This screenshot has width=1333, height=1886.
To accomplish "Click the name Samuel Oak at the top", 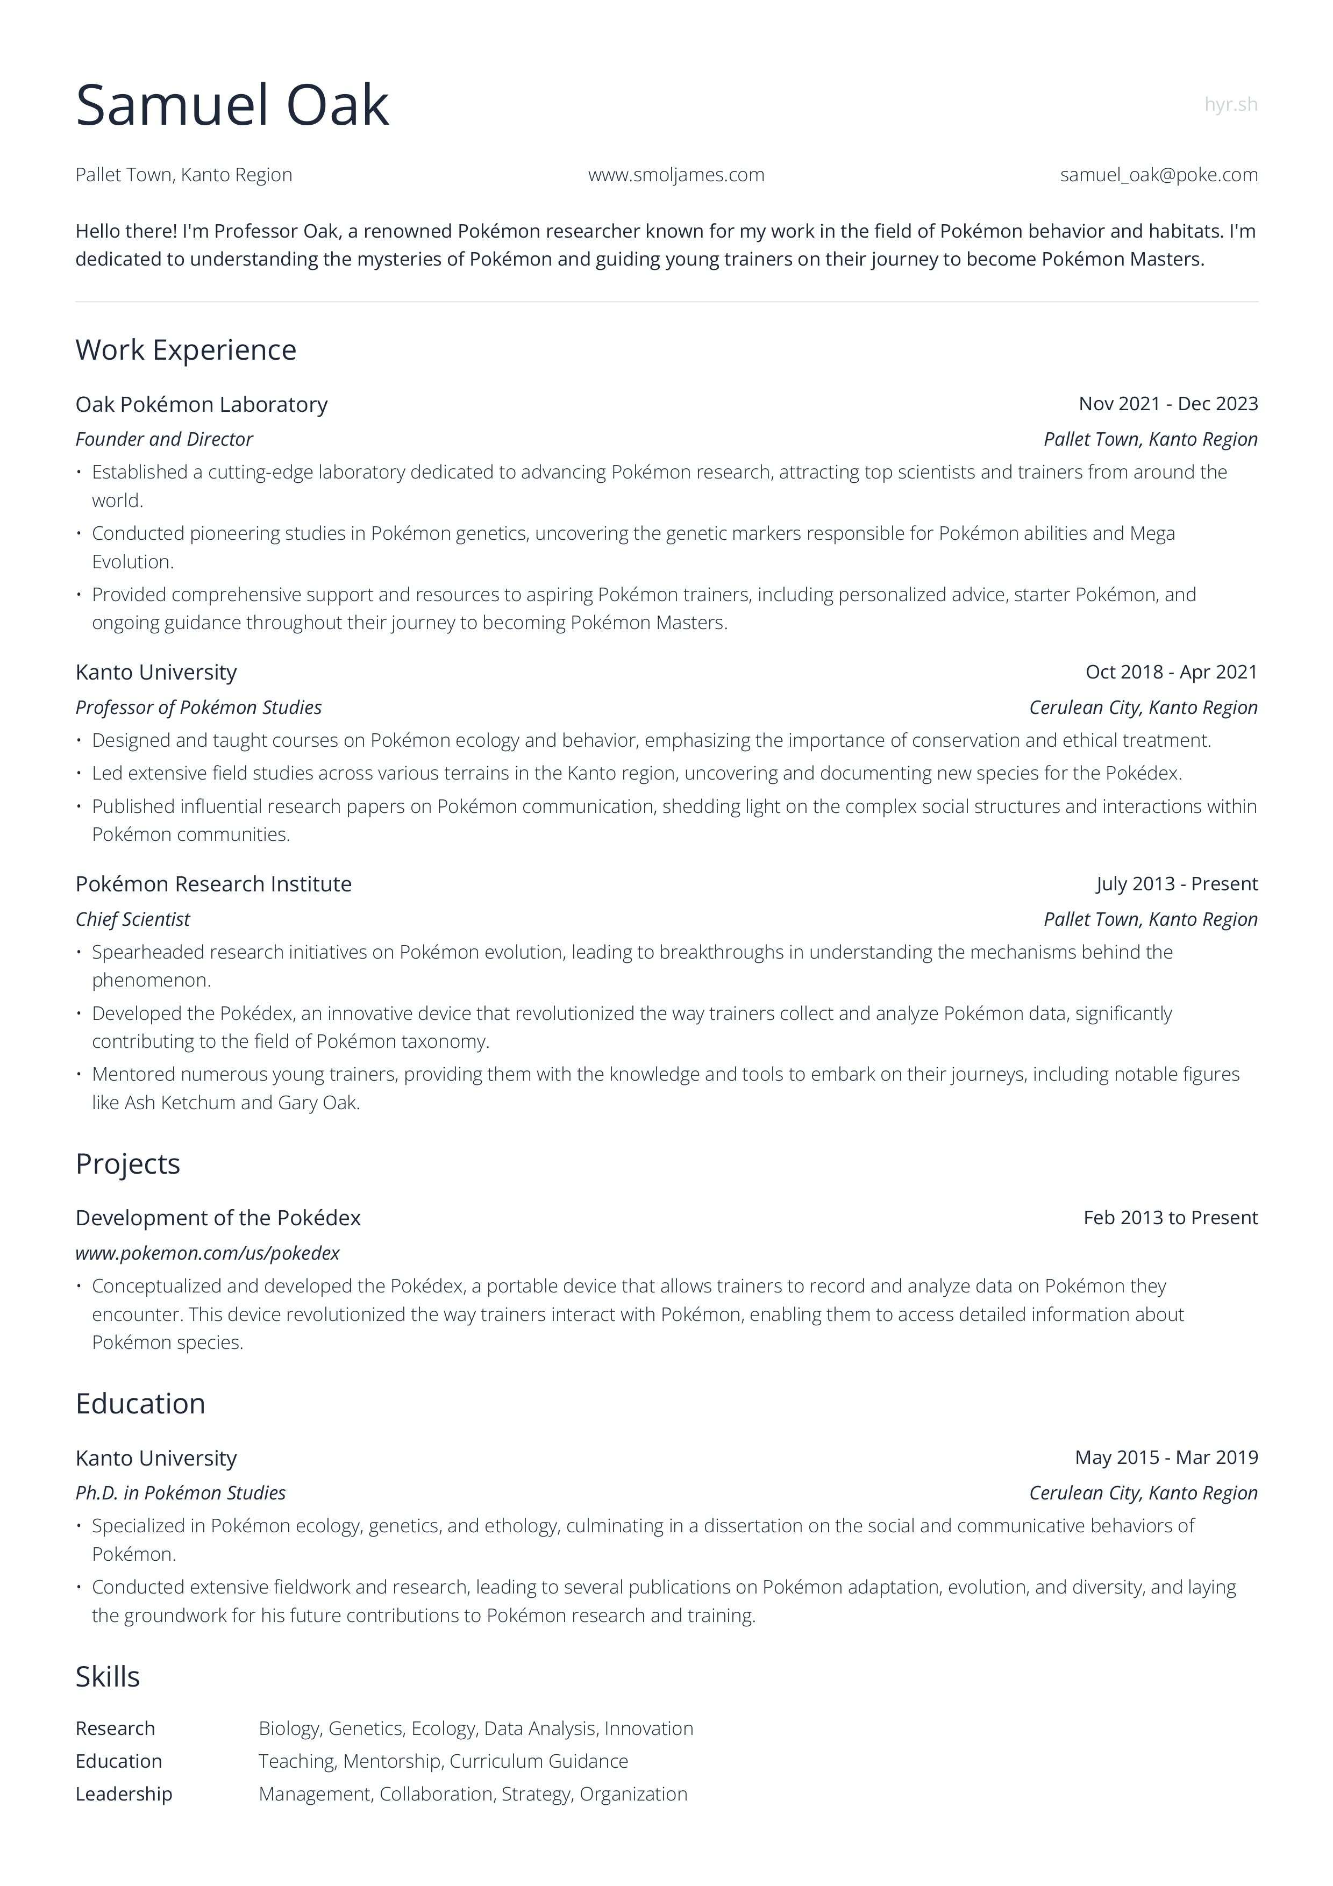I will (x=232, y=105).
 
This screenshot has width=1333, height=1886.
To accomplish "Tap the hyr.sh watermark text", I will (x=1230, y=104).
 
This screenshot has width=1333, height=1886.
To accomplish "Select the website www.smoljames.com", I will (x=676, y=175).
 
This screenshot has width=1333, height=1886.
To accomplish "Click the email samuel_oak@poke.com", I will (x=1158, y=175).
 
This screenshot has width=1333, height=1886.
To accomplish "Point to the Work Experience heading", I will (x=186, y=350).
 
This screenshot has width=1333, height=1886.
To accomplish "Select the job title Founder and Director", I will (x=163, y=439).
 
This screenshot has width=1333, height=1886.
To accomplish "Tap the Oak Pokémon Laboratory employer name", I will (x=201, y=404).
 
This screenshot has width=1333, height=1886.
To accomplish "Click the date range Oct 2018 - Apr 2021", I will (x=1171, y=672).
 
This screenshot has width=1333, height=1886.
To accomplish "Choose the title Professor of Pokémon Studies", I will (x=198, y=708).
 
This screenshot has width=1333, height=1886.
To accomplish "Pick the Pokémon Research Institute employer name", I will (x=213, y=884).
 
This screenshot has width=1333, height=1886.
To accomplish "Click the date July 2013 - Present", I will (x=1176, y=884).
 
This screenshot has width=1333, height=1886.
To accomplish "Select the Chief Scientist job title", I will (x=132, y=919).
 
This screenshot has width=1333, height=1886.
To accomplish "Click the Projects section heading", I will (x=127, y=1164).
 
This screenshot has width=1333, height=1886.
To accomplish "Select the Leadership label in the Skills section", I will (x=124, y=1794).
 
